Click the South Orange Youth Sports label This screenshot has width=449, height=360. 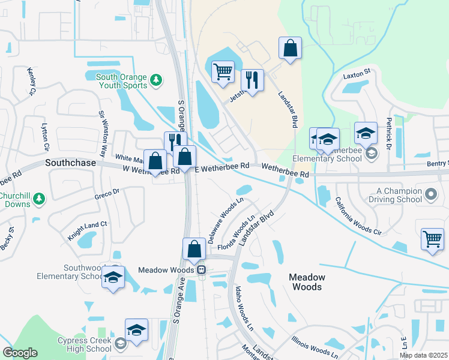121,81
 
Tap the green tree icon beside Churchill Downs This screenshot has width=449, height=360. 40,197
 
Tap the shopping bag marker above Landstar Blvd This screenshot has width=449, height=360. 290,49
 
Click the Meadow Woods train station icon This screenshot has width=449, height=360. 202,270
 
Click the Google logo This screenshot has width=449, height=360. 20,353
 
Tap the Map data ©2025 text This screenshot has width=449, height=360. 423,355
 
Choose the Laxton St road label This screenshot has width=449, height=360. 358,77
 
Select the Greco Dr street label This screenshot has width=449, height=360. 107,193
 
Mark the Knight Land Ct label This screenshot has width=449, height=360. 87,230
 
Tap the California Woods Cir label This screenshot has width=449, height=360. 358,216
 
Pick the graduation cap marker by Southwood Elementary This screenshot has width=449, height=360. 113,277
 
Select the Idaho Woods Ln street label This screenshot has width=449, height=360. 243,308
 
